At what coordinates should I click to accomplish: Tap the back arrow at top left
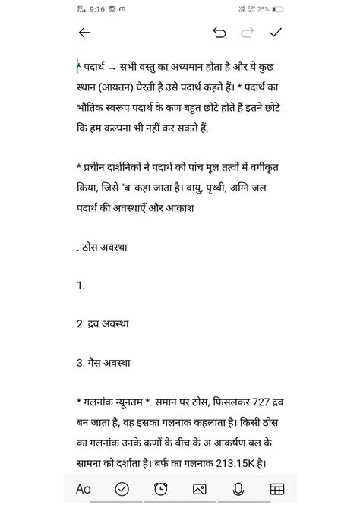[x=84, y=33]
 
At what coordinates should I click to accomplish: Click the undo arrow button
[x=219, y=33]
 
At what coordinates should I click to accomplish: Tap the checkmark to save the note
[x=276, y=33]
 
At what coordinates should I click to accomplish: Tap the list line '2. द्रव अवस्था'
[x=103, y=323]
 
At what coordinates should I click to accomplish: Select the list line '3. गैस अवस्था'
[x=102, y=363]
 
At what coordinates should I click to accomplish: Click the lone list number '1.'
[x=81, y=285]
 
